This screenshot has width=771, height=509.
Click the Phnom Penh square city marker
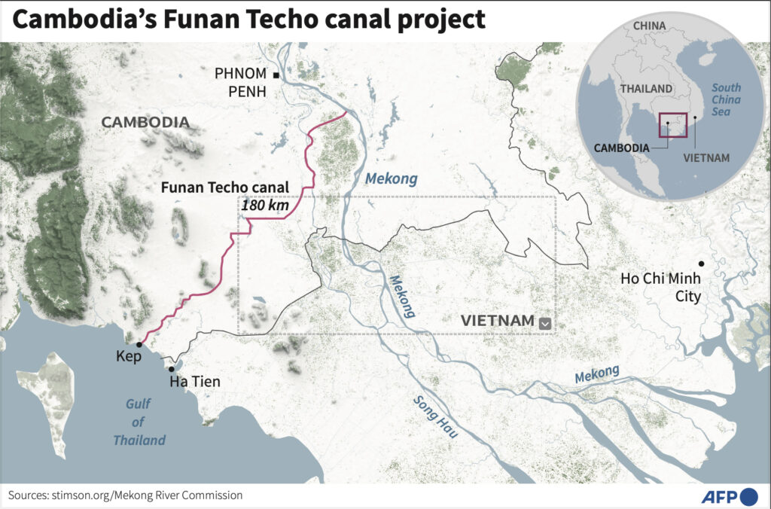(x=276, y=75)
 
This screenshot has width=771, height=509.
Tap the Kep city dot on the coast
(x=139, y=344)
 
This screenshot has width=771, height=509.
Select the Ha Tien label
(x=194, y=382)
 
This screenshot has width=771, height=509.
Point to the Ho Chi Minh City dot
(x=701, y=264)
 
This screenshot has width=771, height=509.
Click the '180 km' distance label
(x=265, y=205)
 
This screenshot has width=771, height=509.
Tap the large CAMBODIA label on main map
(x=145, y=122)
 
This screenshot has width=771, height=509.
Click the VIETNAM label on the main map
(x=498, y=322)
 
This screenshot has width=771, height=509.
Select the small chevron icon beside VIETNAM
(x=546, y=323)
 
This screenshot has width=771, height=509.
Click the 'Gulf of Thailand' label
(x=139, y=422)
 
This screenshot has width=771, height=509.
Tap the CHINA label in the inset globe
(x=649, y=26)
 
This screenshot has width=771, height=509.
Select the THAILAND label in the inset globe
(x=645, y=88)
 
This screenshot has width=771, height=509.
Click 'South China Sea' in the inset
(x=727, y=99)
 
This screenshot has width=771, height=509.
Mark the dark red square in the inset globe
(x=672, y=125)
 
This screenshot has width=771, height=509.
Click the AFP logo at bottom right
(x=729, y=496)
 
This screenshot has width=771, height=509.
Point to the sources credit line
(x=126, y=495)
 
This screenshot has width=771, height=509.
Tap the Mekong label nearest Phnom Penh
(x=391, y=178)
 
